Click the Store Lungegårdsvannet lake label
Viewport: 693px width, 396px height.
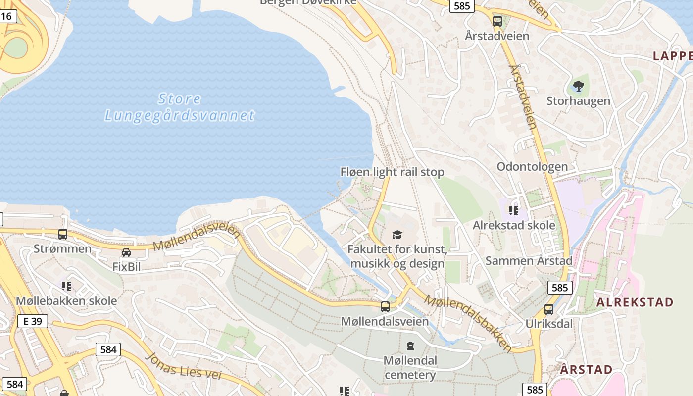(180, 107)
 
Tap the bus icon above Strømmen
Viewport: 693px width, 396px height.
(63, 234)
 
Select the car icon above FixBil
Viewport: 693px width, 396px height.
(126, 252)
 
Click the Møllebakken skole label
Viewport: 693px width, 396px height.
(66, 300)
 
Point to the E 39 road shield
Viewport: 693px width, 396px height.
(33, 321)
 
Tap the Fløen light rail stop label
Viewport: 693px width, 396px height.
(392, 172)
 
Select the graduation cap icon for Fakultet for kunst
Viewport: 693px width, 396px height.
(397, 235)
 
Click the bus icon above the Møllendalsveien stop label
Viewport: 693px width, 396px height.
(385, 307)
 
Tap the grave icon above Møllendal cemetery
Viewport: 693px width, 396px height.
(410, 346)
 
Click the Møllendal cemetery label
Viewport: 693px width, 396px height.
(410, 367)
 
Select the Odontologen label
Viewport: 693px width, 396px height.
(532, 166)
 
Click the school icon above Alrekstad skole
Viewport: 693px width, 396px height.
(513, 211)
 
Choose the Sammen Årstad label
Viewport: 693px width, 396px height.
(529, 260)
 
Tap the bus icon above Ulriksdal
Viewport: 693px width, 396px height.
(549, 309)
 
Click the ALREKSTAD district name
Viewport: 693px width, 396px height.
(635, 302)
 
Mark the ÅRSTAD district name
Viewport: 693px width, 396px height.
(587, 369)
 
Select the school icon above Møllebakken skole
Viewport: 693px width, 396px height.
(66, 286)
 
